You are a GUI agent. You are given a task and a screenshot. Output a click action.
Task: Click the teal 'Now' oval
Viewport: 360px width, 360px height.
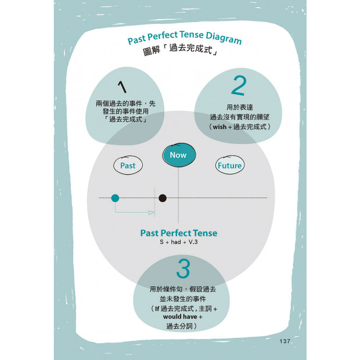179,155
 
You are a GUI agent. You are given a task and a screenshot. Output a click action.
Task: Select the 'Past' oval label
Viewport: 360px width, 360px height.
128,165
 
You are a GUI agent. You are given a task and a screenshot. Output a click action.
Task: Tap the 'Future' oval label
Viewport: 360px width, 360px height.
230,165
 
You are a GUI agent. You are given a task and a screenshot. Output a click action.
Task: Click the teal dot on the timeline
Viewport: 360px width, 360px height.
115,198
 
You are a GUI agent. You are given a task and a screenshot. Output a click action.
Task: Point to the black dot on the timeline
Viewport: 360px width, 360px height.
163,198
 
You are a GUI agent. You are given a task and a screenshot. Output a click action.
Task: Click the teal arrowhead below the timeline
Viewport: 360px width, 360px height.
152,213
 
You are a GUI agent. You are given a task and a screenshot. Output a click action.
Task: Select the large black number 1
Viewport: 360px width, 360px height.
122,87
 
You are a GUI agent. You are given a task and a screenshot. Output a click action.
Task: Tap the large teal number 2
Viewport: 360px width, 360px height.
239,85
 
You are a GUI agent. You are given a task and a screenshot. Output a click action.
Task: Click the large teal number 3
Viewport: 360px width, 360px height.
183,268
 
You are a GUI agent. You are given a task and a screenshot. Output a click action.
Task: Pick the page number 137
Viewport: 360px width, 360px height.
285,341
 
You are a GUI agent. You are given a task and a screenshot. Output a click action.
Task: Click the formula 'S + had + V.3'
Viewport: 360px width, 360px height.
179,242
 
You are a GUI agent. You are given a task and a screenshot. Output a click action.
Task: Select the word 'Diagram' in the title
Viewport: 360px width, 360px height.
224,38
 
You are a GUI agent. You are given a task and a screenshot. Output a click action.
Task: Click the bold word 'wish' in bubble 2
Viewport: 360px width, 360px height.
219,127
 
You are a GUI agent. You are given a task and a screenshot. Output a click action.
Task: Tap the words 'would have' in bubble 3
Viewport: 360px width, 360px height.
180,317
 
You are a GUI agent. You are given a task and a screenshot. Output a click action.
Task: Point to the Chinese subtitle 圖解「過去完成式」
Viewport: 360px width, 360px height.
180,50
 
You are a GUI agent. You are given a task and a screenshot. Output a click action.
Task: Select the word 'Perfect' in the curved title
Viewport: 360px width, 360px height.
163,36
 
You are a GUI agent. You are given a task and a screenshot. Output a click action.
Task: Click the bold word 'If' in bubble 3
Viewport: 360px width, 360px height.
157,309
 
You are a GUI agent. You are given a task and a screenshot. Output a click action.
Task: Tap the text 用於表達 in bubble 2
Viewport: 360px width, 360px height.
240,107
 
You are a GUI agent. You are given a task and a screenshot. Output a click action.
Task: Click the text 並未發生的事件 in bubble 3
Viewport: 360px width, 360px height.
183,299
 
